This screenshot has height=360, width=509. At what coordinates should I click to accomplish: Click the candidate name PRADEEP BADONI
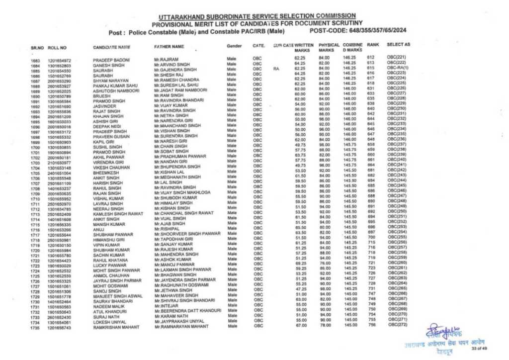coord(107,60)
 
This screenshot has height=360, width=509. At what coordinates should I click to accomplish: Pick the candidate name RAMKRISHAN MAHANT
coord(115,328)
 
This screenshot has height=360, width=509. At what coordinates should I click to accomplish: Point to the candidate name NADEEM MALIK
coord(107,307)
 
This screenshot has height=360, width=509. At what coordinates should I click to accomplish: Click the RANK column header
coord(373,45)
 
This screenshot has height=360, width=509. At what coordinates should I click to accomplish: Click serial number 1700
coord(35,148)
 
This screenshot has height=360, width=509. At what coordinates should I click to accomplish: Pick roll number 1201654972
coord(59,61)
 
